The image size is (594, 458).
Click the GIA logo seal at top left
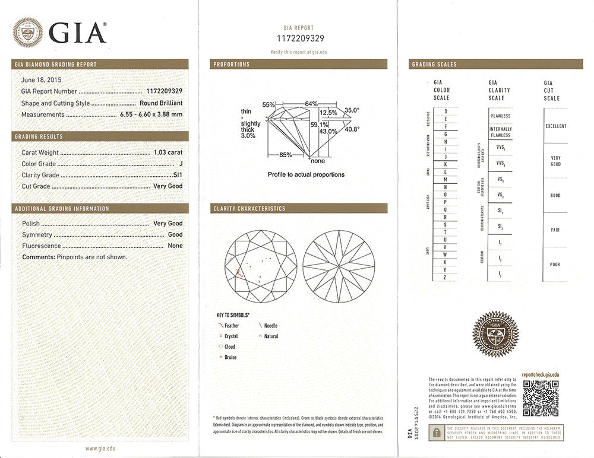pos(28,33)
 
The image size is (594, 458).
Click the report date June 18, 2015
pos(41,79)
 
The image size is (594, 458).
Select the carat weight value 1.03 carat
pos(168,152)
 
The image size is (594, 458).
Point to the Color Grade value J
pos(181,164)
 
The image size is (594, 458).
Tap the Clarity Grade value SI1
pos(178,175)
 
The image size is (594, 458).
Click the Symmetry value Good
pos(175,234)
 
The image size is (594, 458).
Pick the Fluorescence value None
pos(175,246)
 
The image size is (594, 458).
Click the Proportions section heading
pos(232,64)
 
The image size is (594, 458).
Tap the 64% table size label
pos(311,104)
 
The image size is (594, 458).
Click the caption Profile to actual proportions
pos(306,174)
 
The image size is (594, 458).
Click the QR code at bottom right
pos(541,397)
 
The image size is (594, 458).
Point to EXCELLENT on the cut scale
pos(556,126)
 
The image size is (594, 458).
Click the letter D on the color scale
pos(445,111)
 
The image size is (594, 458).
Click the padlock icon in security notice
pos(437,432)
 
